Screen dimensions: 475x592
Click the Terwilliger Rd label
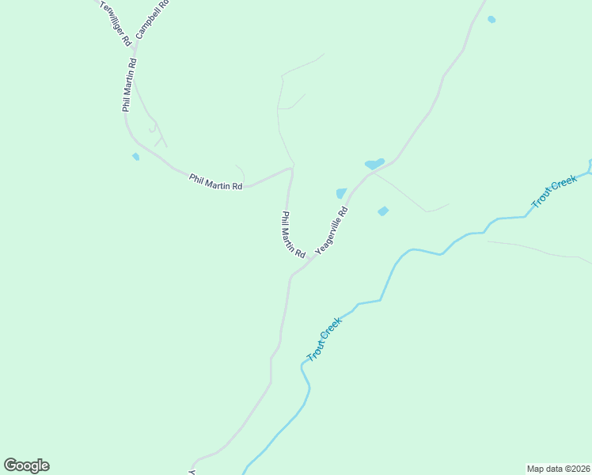pyautogui.click(x=116, y=23)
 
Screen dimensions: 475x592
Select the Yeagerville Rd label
pyautogui.click(x=332, y=230)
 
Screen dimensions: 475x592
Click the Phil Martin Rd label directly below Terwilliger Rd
pyautogui.click(x=130, y=84)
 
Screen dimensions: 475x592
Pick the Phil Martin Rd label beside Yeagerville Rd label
pyautogui.click(x=294, y=234)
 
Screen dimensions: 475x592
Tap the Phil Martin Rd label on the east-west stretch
pyautogui.click(x=215, y=181)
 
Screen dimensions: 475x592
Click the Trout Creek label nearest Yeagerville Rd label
pyautogui.click(x=324, y=339)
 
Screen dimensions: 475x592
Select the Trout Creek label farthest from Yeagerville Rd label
pyautogui.click(x=554, y=193)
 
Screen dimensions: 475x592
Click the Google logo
pyautogui.click(x=26, y=465)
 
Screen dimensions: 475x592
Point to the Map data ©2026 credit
pyautogui.click(x=558, y=468)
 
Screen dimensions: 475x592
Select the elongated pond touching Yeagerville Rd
pyautogui.click(x=374, y=164)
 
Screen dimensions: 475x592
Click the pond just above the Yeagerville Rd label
pyautogui.click(x=341, y=193)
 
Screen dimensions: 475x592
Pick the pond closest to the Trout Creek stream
pyautogui.click(x=383, y=211)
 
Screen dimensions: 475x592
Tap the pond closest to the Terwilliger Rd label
pyautogui.click(x=136, y=157)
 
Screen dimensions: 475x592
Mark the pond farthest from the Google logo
pyautogui.click(x=491, y=19)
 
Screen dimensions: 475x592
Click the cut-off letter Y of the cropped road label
pyautogui.click(x=192, y=472)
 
